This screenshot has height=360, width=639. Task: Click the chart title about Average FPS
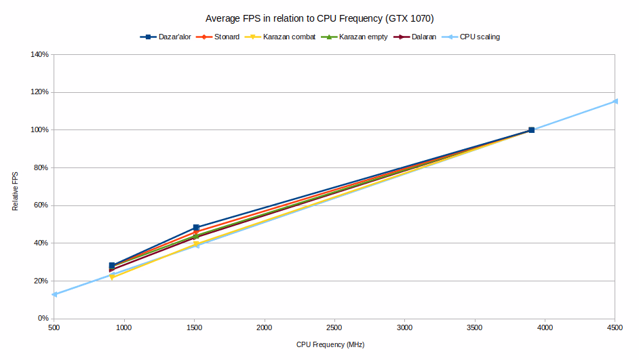pos(319,19)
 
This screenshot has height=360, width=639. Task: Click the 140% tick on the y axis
pos(39,54)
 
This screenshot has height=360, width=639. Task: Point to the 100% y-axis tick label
pos(39,129)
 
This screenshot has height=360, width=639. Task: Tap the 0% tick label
pos(43,319)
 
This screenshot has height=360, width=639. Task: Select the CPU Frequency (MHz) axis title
pos(330,344)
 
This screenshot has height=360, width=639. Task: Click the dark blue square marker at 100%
pos(531,129)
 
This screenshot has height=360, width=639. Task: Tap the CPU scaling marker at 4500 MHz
pos(615,101)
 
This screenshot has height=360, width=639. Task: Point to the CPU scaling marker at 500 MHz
pos(55,294)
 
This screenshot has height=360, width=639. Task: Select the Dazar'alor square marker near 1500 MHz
pos(196,228)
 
